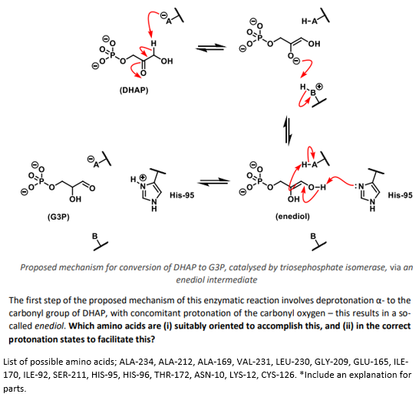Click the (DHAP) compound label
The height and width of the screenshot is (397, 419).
[134, 91]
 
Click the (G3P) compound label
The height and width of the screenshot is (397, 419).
[58, 217]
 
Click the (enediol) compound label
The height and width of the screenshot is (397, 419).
[292, 216]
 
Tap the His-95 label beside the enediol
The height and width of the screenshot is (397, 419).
[400, 195]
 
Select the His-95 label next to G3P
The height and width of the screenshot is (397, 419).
[182, 195]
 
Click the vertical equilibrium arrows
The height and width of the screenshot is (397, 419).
[289, 131]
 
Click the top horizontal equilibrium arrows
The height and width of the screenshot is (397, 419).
[211, 48]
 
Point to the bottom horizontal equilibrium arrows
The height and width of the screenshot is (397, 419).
[214, 182]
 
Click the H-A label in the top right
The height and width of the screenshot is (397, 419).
[309, 21]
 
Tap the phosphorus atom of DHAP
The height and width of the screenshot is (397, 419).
[113, 55]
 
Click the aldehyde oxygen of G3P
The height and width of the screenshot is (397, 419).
[92, 188]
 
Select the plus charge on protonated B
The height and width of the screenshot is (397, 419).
[319, 87]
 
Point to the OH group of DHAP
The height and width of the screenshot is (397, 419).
[167, 61]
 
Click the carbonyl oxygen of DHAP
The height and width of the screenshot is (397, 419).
[144, 73]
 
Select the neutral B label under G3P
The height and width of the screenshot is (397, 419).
[95, 237]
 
